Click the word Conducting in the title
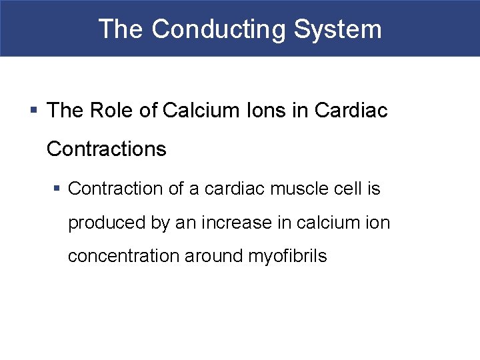point(218,29)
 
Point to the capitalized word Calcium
point(198,111)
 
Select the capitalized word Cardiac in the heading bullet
point(352,111)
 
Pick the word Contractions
point(107,149)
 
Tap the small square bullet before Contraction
point(58,189)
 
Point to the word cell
point(346,189)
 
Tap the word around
point(213,256)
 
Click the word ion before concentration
point(377,223)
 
